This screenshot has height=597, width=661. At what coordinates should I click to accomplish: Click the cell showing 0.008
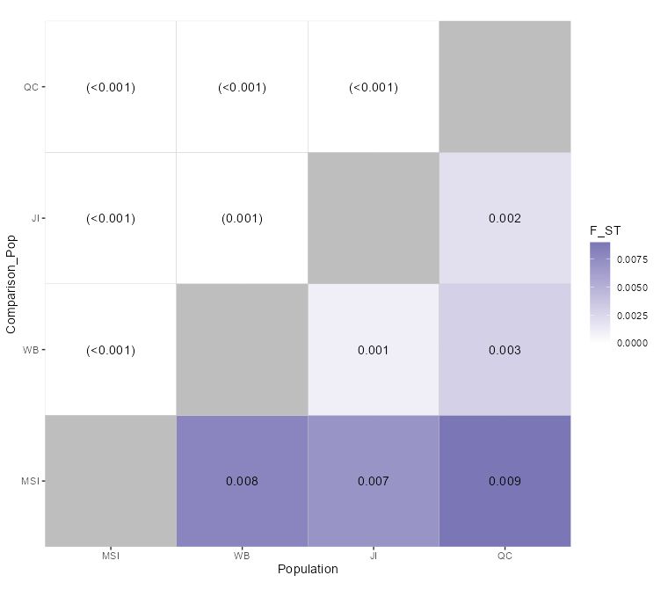242,481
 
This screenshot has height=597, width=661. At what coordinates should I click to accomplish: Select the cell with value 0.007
373,481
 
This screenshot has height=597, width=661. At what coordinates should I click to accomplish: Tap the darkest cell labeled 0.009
505,481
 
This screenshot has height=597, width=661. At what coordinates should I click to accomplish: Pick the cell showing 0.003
505,350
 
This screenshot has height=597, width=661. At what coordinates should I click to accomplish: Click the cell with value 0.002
505,218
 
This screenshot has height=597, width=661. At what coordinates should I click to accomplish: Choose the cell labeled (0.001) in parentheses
242,218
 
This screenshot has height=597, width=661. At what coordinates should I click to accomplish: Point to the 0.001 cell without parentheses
373,350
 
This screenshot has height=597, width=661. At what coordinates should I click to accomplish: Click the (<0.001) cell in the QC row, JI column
373,87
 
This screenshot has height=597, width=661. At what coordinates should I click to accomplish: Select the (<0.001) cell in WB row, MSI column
111,350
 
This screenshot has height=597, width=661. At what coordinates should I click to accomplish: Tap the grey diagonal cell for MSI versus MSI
111,481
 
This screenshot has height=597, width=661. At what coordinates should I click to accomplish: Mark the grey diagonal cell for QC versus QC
505,87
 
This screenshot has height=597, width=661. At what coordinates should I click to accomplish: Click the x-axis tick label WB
242,556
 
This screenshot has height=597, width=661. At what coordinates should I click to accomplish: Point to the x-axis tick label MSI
111,556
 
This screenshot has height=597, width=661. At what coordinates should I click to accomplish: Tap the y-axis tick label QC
32,87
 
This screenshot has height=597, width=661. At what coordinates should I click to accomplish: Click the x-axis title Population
308,569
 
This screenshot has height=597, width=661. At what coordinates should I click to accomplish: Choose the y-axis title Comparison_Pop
11,284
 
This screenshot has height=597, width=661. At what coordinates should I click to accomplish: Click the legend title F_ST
605,231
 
